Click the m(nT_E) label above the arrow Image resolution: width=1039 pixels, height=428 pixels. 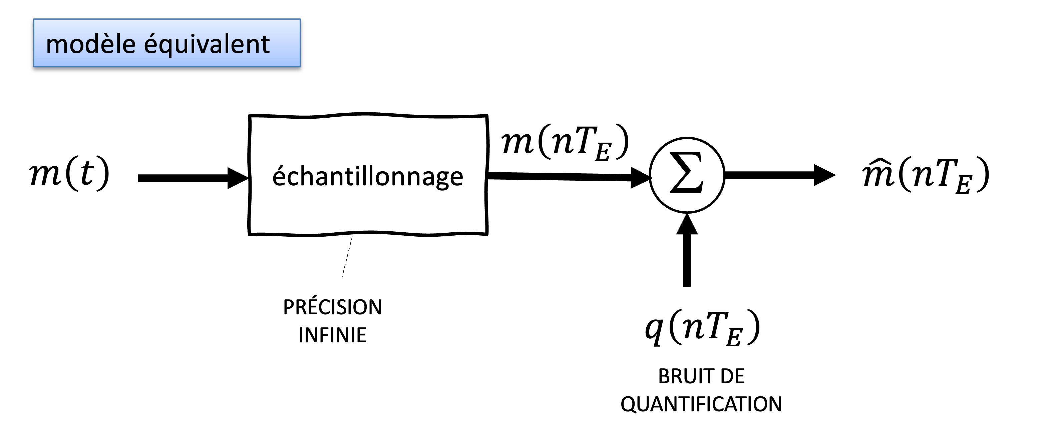[565, 143]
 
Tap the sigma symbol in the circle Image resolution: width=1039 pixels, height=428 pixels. [686, 173]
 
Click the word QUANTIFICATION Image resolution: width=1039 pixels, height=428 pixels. [701, 404]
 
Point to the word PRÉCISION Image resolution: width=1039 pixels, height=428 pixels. [332, 307]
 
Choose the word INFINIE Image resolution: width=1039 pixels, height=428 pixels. [332, 335]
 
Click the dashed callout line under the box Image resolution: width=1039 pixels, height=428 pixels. [347, 257]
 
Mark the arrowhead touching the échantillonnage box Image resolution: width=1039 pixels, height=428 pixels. [238, 178]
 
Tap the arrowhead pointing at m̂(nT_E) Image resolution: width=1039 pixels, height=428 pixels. [824, 175]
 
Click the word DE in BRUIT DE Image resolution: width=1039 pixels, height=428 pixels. [732, 376]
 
